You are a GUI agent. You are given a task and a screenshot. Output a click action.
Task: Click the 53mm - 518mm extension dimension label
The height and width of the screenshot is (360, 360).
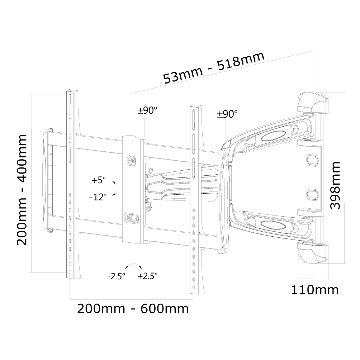click(214, 68)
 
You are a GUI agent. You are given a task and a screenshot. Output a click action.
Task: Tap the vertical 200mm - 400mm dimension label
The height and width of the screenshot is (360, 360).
click(22, 190)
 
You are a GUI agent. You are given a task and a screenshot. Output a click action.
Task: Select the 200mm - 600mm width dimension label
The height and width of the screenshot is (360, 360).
click(133, 309)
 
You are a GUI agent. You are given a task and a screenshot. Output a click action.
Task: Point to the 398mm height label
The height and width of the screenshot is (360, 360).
click(335, 185)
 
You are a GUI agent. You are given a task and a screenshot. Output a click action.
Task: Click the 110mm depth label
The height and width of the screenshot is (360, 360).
click(315, 290)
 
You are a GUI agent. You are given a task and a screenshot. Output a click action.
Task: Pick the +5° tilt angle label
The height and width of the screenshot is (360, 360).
click(99, 180)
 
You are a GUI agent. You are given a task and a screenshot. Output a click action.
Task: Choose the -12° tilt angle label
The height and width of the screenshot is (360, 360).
click(98, 197)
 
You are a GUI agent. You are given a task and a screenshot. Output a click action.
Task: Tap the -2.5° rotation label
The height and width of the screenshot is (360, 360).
click(116, 276)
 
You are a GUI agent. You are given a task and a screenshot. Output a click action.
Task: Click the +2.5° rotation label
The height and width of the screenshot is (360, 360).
click(148, 276)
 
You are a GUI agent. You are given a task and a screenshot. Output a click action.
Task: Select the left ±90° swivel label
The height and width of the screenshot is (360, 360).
click(147, 110)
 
